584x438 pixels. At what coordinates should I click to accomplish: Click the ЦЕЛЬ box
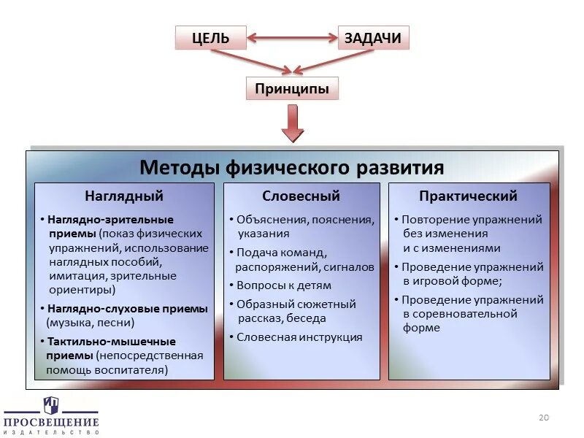[211, 38]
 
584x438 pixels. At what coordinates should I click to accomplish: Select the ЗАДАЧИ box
[373, 38]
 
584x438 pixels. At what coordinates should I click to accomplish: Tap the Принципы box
[292, 89]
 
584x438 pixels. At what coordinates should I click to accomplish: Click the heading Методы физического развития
[292, 168]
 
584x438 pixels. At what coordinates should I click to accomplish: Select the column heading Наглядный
[124, 196]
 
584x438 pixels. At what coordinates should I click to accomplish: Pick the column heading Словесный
[301, 196]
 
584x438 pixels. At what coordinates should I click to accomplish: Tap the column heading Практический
[468, 196]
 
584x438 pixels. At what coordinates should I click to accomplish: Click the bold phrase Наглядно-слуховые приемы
[127, 309]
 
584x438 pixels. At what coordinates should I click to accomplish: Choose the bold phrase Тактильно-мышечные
[111, 342]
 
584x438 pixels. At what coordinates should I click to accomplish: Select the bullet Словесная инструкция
[299, 337]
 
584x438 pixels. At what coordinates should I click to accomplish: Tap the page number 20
[542, 418]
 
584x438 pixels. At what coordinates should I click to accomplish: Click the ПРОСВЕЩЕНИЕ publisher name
[51, 422]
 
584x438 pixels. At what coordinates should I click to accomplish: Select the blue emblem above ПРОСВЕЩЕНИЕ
[50, 404]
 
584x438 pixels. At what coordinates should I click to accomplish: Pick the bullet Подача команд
[279, 253]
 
